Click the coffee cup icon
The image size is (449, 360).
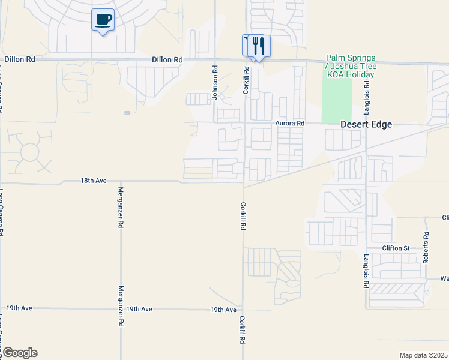103,20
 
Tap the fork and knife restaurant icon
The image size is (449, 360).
259,46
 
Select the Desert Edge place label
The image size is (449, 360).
366,124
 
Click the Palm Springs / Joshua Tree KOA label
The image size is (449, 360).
350,65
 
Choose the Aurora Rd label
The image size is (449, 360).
291,123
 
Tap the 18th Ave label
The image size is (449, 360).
94,180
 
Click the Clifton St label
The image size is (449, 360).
396,248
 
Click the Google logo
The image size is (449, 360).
19,353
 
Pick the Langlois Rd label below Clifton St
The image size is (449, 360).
365,271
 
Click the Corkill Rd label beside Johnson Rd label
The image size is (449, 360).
246,80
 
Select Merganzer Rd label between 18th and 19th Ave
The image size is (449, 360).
121,207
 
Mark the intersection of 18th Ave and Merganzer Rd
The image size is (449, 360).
121,180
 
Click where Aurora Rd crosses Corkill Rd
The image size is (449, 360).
244,123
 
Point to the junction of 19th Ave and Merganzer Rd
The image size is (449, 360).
121,309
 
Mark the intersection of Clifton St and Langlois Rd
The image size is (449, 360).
366,248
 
